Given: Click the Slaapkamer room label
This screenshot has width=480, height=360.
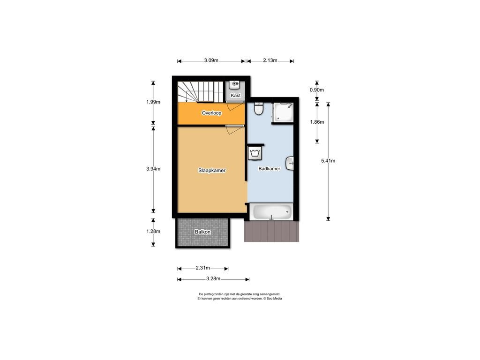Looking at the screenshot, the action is click(212, 171).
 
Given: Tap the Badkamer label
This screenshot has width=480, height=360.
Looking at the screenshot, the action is click(269, 169).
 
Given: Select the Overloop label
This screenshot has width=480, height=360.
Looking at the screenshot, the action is click(211, 113).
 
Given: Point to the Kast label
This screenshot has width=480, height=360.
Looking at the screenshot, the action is click(235, 96).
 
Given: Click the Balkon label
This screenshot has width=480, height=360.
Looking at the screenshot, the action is click(202, 232).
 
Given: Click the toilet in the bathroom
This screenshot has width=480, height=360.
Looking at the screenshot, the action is click(259, 109).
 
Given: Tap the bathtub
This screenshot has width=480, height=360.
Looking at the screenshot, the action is click(271, 211).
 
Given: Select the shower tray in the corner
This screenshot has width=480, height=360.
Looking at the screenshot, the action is click(283, 112).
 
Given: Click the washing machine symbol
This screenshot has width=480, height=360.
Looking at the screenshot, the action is click(255, 153).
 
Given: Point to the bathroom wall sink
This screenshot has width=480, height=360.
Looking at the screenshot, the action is click(290, 163).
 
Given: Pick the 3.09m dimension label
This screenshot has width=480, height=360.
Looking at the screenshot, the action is click(211, 60).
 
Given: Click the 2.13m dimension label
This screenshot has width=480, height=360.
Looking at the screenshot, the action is click(270, 60).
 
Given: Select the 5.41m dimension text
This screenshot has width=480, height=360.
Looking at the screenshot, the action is click(328, 161).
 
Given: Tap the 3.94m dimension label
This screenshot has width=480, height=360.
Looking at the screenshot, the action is click(153, 169).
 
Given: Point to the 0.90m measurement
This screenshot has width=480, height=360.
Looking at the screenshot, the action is click(317, 90).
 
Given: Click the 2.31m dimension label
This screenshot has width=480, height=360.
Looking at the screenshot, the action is click(202, 268).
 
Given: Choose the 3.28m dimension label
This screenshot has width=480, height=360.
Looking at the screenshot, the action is click(213, 278).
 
